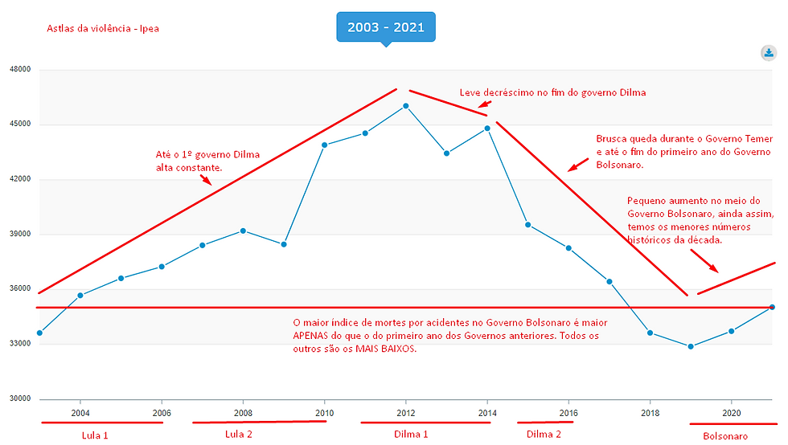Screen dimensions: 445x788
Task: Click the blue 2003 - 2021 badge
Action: click(385, 27)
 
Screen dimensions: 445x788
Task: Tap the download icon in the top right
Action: click(768, 53)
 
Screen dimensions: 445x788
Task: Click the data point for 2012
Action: click(406, 106)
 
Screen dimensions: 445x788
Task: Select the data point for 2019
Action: click(691, 346)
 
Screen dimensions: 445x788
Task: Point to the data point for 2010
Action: click(324, 145)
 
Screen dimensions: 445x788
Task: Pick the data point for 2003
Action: click(39, 333)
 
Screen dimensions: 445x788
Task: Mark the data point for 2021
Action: click(772, 307)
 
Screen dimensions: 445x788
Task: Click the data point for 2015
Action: click(528, 225)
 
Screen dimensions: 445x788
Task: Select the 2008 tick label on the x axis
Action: click(243, 413)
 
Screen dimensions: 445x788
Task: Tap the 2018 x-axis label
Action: click(650, 413)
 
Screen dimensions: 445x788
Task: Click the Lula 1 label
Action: click(95, 435)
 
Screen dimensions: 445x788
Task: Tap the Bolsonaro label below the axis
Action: click(725, 436)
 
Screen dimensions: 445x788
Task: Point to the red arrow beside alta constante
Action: click(205, 180)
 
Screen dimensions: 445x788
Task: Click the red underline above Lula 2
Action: click(259, 422)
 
